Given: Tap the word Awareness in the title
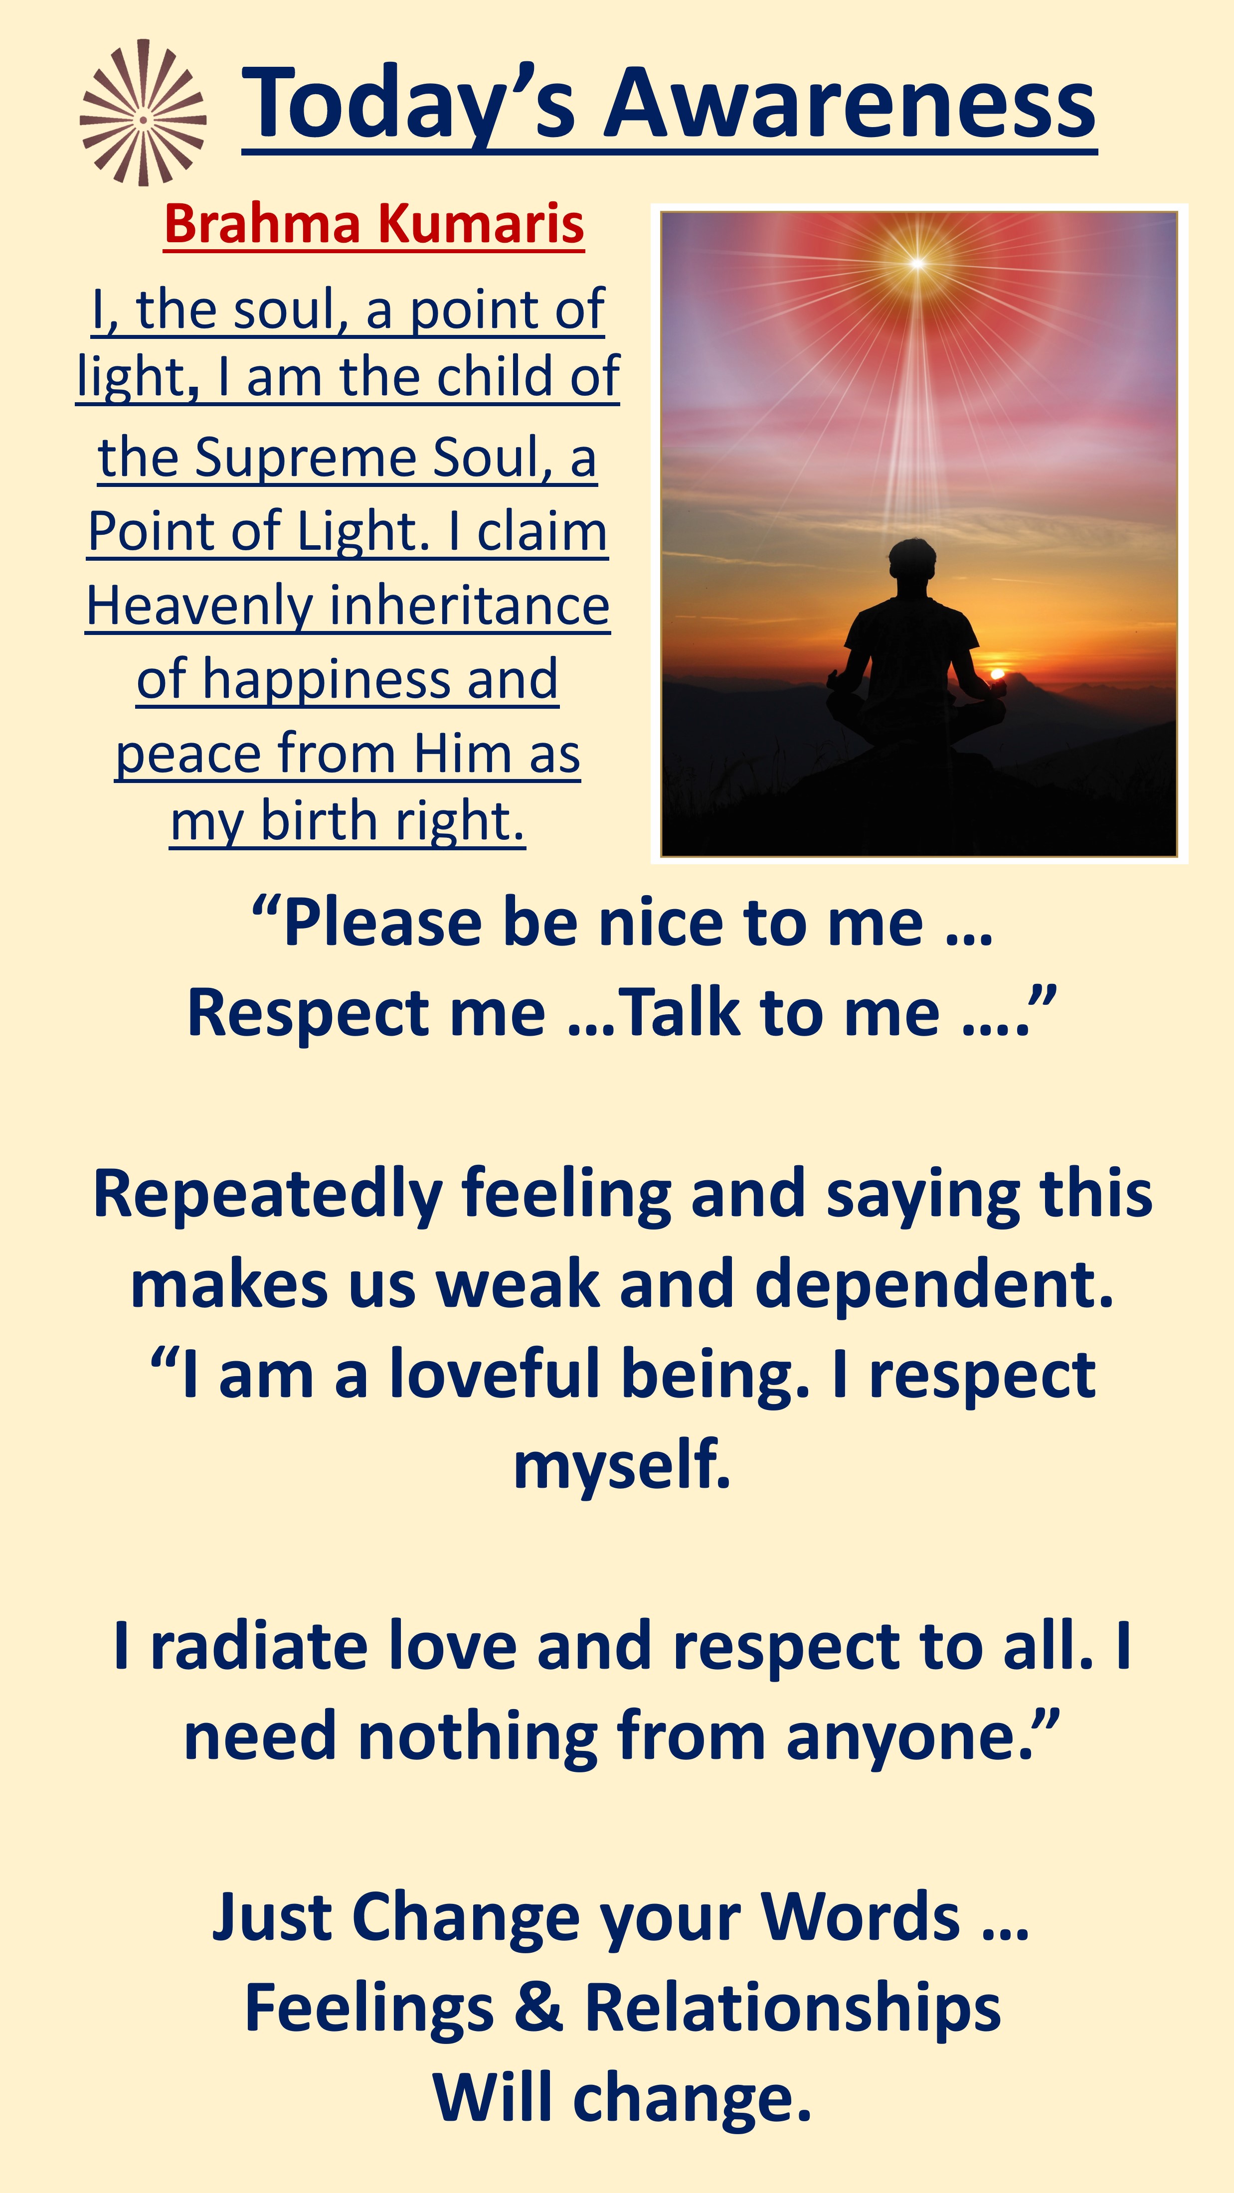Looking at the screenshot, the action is [850, 103].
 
